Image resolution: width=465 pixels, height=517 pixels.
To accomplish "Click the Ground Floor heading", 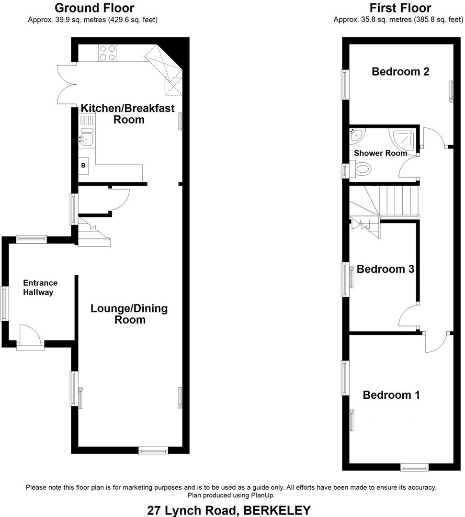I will [x=94, y=8].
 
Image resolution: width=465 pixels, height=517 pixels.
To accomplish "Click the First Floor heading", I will [x=400, y=8].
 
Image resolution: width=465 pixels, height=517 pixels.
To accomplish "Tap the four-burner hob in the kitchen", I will [x=107, y=53].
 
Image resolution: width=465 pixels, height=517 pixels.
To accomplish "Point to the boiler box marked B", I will [x=83, y=166].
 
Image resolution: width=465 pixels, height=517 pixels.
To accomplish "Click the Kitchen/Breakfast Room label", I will [x=128, y=113].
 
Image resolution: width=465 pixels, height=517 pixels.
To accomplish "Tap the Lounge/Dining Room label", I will [x=129, y=314].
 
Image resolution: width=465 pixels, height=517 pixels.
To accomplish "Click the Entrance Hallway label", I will [x=41, y=288].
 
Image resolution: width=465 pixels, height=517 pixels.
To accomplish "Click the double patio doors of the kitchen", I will [x=66, y=83].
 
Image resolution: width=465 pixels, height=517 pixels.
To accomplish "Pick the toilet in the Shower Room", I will [x=362, y=169].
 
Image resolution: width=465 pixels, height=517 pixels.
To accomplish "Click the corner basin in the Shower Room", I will [x=355, y=135].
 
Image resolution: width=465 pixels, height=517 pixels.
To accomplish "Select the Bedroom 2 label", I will [x=400, y=72].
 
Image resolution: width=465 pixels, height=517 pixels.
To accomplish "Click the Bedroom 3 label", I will [x=385, y=269].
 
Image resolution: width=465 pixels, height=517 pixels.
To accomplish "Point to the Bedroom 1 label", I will [x=391, y=395].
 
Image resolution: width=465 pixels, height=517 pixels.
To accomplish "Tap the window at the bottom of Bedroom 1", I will [x=415, y=467].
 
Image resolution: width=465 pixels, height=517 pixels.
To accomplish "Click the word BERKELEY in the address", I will [x=277, y=510].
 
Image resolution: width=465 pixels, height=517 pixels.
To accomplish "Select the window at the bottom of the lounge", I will [x=153, y=450].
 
